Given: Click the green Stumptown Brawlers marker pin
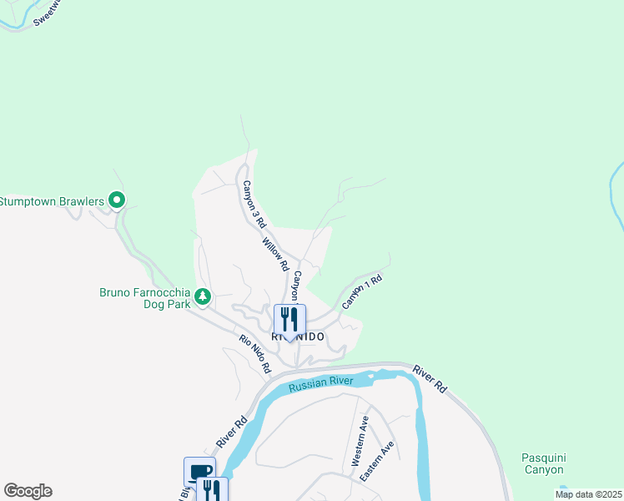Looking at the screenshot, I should click(x=117, y=200).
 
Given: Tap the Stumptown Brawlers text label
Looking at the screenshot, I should click(x=52, y=200).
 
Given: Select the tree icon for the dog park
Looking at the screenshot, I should click(x=202, y=296).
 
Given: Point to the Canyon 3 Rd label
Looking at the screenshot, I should click(x=253, y=205).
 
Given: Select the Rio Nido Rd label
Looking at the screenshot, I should click(x=255, y=353).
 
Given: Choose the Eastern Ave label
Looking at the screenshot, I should click(x=377, y=461).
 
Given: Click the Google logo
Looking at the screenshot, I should click(x=28, y=491).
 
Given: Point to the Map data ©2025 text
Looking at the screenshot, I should click(x=588, y=494).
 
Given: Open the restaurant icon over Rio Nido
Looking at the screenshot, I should click(x=289, y=321).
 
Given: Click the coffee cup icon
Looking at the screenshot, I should click(x=200, y=471).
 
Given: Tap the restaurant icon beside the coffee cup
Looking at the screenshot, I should click(x=212, y=489).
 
